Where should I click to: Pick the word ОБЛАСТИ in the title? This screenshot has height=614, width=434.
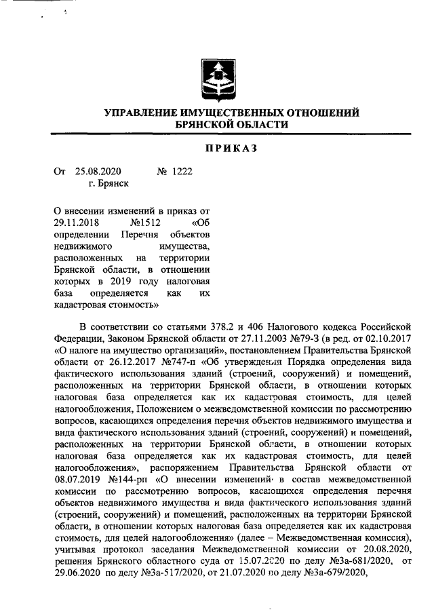tap(260, 125)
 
